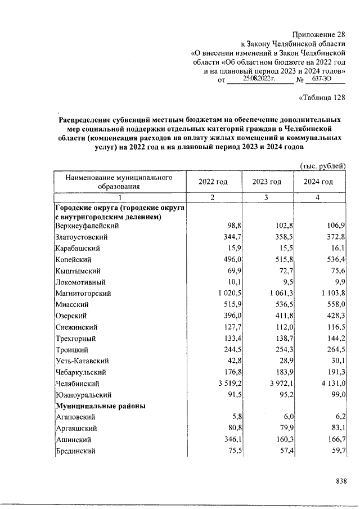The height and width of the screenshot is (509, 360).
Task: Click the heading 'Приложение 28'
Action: tap(319, 35)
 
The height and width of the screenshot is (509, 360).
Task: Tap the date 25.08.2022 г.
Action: tap(259, 80)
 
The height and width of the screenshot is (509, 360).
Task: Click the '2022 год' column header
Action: tap(213, 182)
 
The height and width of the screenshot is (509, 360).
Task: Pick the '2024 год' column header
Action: tap(318, 182)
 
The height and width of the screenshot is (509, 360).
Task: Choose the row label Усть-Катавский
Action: tap(82, 361)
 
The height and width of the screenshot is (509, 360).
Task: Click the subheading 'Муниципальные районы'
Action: tap(101, 406)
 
